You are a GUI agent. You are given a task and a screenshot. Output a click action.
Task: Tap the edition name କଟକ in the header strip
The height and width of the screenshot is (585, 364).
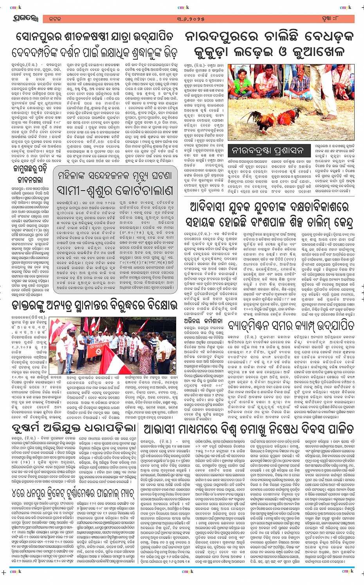coord(55,19)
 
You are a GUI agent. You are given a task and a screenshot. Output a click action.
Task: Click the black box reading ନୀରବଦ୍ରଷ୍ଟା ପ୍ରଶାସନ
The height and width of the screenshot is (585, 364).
coord(267,150)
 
